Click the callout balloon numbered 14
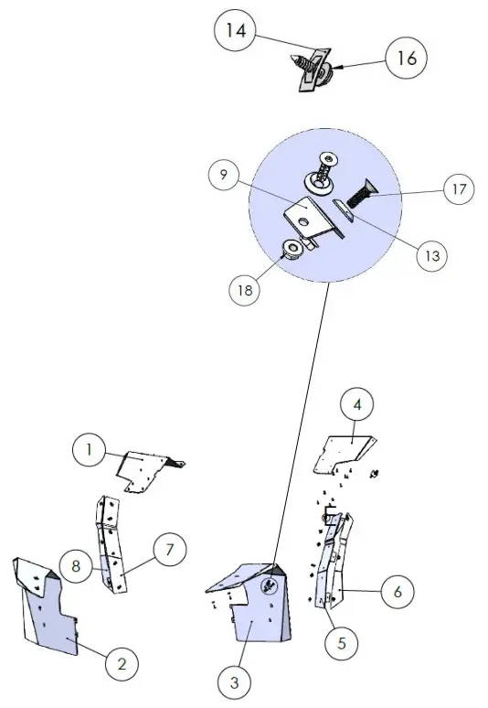(x=236, y=31)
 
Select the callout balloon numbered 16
(x=407, y=58)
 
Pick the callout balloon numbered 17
(x=459, y=190)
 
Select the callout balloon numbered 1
(x=89, y=449)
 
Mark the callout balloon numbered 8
(x=77, y=564)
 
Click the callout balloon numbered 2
(x=122, y=662)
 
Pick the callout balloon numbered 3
(x=235, y=681)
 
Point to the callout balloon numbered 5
(x=341, y=642)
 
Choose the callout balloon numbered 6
(x=397, y=591)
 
